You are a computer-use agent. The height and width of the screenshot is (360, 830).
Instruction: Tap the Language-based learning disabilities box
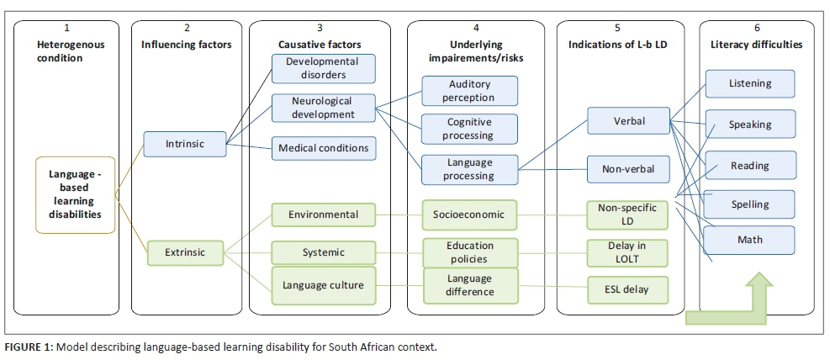click(x=77, y=194)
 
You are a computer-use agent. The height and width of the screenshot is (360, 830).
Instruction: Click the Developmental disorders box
click(x=321, y=68)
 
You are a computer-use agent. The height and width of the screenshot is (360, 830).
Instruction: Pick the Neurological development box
click(x=321, y=107)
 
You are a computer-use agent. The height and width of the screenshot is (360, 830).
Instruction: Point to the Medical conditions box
click(x=323, y=148)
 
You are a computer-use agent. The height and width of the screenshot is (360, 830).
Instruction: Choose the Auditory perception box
click(x=469, y=91)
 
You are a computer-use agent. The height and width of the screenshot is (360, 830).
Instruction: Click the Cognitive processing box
click(x=469, y=129)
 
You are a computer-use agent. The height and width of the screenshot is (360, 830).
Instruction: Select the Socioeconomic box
click(x=469, y=214)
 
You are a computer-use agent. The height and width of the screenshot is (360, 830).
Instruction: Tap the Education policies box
click(x=469, y=251)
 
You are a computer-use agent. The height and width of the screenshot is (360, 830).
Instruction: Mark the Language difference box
click(x=469, y=286)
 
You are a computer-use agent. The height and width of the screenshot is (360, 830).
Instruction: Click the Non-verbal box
click(x=628, y=168)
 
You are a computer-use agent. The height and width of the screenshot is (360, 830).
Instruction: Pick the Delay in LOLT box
click(x=628, y=251)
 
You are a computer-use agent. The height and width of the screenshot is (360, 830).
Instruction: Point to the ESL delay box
click(x=628, y=290)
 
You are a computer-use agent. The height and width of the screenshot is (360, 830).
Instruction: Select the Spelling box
click(x=749, y=204)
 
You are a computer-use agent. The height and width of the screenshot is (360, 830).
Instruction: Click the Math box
click(x=749, y=240)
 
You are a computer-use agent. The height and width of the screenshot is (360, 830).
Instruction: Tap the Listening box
click(x=749, y=84)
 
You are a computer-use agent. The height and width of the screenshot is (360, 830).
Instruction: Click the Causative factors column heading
click(x=322, y=44)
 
